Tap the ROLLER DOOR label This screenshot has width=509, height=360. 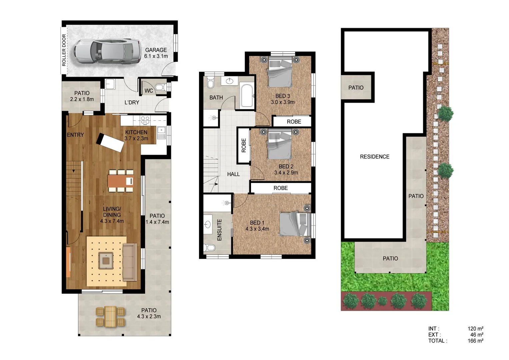coord(64,50)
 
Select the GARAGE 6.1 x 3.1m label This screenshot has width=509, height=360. coord(156,53)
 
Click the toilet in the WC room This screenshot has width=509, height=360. coord(161,88)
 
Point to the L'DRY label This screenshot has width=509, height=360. coord(132,102)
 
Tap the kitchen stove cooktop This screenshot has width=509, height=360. coord(145,120)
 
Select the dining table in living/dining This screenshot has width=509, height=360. coord(121,181)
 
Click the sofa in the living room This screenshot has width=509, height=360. coord(130,262)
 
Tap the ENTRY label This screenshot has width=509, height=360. coord(75,135)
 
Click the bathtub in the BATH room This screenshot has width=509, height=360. coord(247,96)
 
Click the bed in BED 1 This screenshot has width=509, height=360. coord(295,224)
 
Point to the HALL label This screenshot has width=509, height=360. coord(233,174)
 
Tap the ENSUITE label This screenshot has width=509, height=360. coord(219,230)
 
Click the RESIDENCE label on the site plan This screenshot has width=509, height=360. coord(374,157)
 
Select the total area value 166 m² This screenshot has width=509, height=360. coord(475,341)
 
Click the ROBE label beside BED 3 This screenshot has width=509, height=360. coord(294,122)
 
